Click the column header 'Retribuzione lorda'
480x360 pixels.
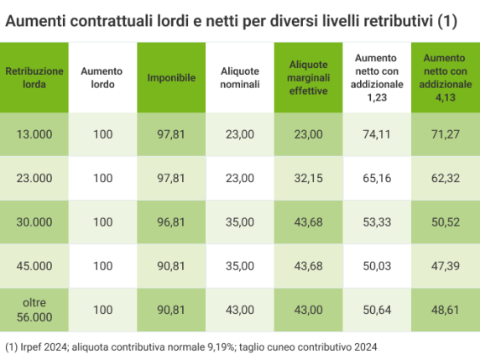pos(34,77)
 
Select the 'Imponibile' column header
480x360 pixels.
pos(171,77)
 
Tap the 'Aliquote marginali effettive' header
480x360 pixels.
pos(308,77)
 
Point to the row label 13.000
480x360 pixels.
pos(34,134)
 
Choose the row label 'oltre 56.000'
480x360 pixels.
pos(34,310)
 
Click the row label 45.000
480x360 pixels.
pos(34,266)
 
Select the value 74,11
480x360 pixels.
pos(376,134)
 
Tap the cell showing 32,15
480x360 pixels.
pos(308,178)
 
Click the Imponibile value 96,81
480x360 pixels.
pos(171,222)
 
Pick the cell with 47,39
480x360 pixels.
pos(445,266)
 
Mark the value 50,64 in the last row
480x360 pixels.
pos(376,310)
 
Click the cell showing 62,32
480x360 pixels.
pos(445,178)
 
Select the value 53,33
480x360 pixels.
pos(376,222)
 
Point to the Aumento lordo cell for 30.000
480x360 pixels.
pos(102,222)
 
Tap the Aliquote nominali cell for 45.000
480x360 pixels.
pos(239,266)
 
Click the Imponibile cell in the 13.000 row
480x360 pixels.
pos(171,134)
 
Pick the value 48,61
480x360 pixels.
pos(445,310)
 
